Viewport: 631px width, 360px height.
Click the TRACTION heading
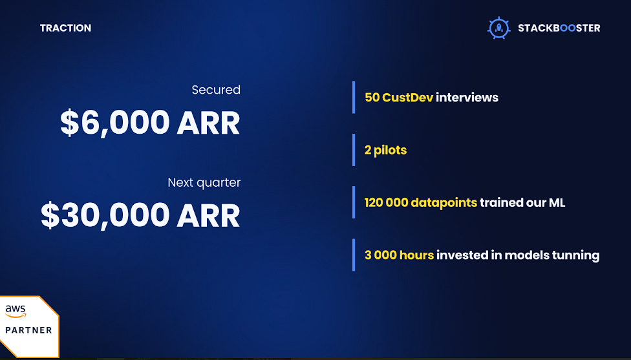(65, 28)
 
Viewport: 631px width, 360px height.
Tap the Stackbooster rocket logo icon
(499, 28)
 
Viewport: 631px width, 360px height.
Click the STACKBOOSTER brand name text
(559, 28)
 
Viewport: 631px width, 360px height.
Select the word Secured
(216, 90)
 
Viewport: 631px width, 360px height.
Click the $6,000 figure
(115, 123)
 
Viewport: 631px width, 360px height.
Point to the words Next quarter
(204, 183)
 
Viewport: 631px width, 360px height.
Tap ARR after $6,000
(208, 123)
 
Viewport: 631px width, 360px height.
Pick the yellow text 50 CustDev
(399, 98)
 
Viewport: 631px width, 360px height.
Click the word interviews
(467, 98)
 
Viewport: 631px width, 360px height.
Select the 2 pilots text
(385, 150)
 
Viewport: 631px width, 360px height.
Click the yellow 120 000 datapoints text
(421, 202)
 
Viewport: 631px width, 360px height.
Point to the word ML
(557, 202)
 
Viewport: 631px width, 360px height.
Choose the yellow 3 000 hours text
(399, 255)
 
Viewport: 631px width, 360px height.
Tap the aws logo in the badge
(16, 311)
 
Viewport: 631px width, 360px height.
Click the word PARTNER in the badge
(28, 330)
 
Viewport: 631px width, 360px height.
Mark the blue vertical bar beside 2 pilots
(354, 150)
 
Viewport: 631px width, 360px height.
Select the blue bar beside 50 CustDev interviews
(354, 98)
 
